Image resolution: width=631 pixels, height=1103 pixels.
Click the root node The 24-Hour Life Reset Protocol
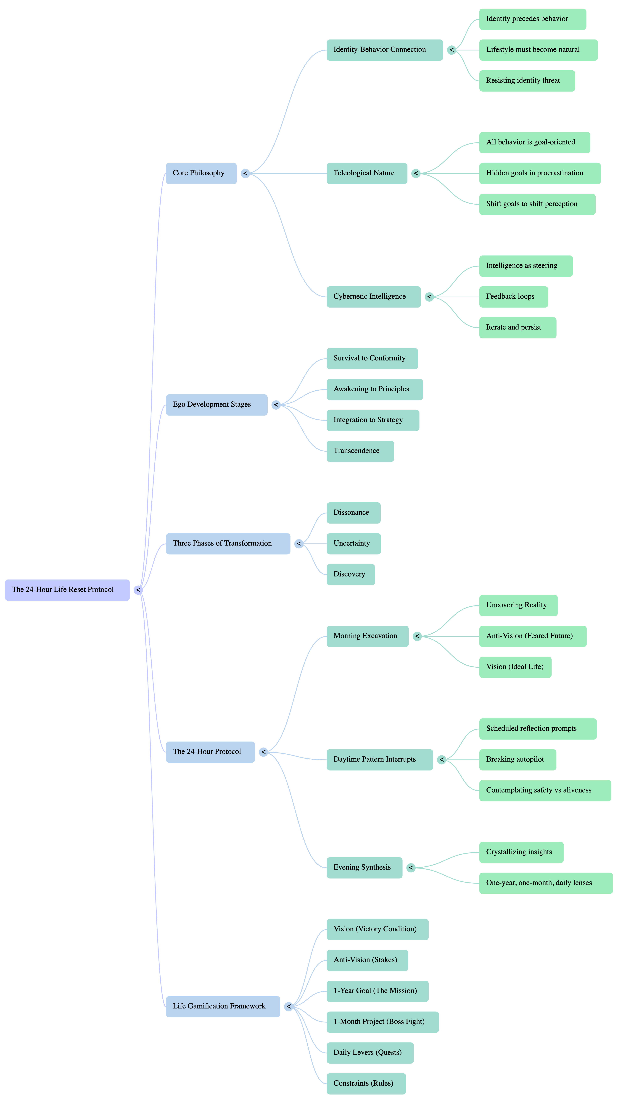67,590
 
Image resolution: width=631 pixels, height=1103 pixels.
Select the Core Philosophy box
201,173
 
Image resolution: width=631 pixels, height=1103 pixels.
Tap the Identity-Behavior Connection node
384,50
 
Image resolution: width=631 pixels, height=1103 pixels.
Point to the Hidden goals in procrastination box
540,173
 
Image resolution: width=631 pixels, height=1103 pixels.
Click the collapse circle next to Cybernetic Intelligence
429,297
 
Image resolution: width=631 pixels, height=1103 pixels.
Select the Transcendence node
360,451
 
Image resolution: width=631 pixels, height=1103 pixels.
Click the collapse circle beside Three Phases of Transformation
299,544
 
